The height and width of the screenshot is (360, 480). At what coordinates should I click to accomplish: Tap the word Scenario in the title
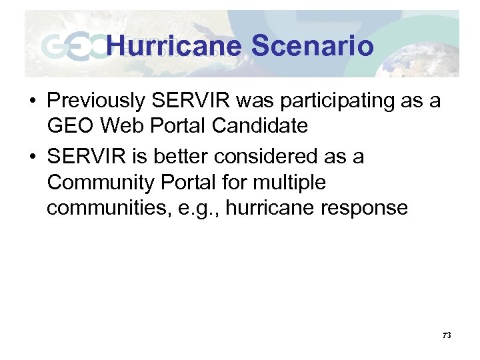(312, 46)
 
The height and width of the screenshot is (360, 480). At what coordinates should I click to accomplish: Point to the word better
(178, 157)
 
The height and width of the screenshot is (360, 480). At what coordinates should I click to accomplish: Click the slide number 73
(446, 335)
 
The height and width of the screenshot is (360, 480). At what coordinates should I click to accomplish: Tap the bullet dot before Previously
(31, 101)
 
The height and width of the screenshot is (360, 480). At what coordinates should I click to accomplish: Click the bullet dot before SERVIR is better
(31, 157)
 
